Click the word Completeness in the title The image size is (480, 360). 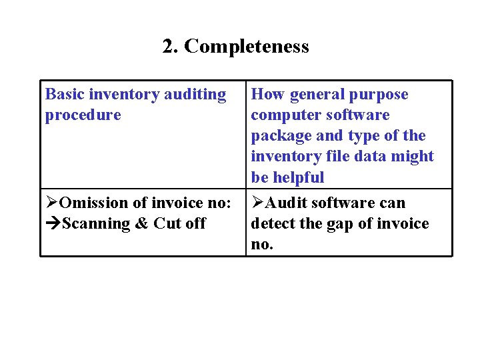247,47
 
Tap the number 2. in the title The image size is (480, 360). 171,47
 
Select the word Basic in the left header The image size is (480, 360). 65,95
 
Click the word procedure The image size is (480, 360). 83,115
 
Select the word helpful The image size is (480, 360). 298,177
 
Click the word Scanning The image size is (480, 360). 95,223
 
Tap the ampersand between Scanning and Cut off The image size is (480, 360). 141,223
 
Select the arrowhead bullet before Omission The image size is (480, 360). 51,203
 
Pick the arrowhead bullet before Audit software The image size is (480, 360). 257,203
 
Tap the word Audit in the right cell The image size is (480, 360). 286,203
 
